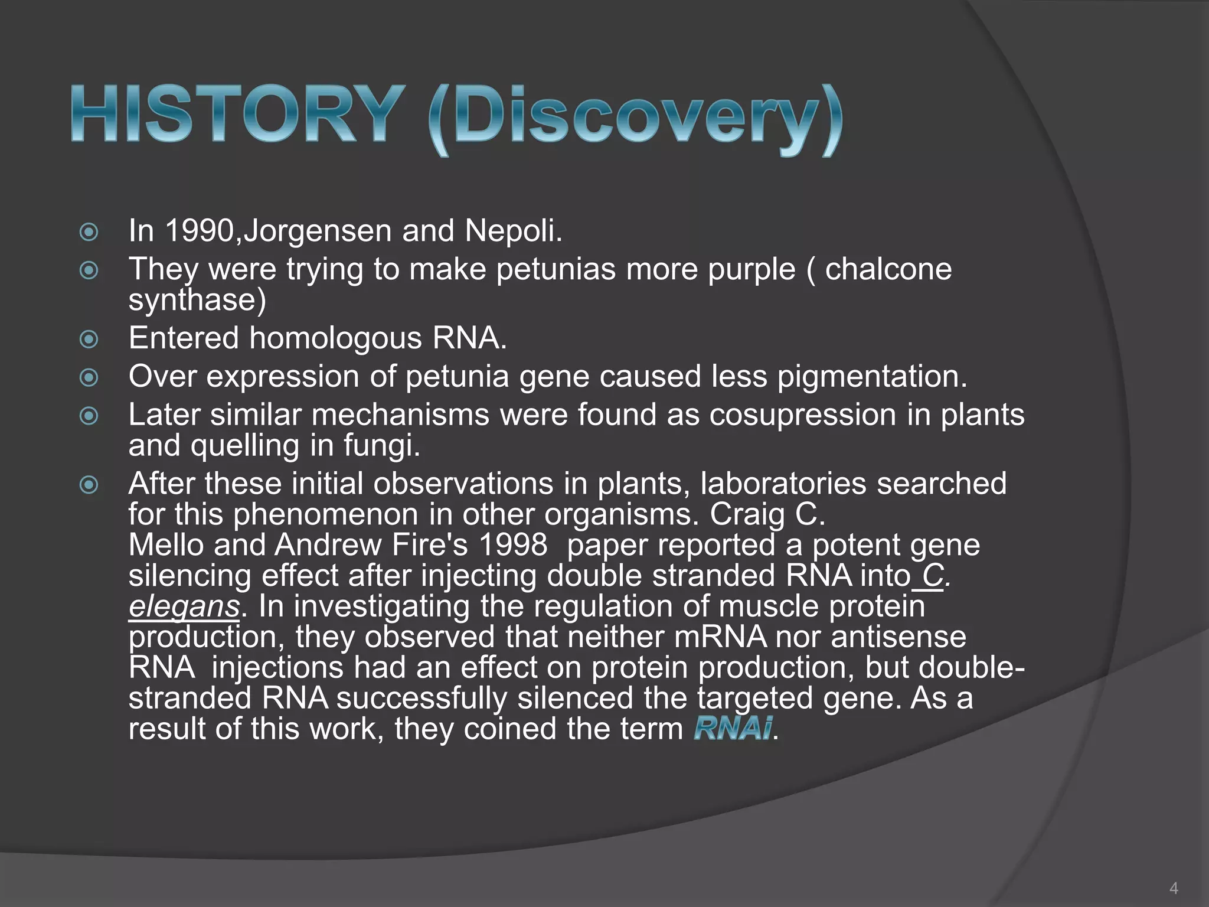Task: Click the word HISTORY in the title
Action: click(x=235, y=114)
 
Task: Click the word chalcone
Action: click(x=888, y=269)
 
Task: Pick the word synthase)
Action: click(x=197, y=300)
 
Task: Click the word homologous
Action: click(x=335, y=338)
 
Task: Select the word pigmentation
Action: click(x=872, y=377)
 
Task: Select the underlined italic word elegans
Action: click(x=184, y=607)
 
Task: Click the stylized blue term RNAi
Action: click(x=732, y=728)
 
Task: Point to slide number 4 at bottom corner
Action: click(x=1174, y=888)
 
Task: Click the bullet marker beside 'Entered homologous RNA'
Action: click(x=89, y=339)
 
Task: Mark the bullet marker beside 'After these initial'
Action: click(x=89, y=485)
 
